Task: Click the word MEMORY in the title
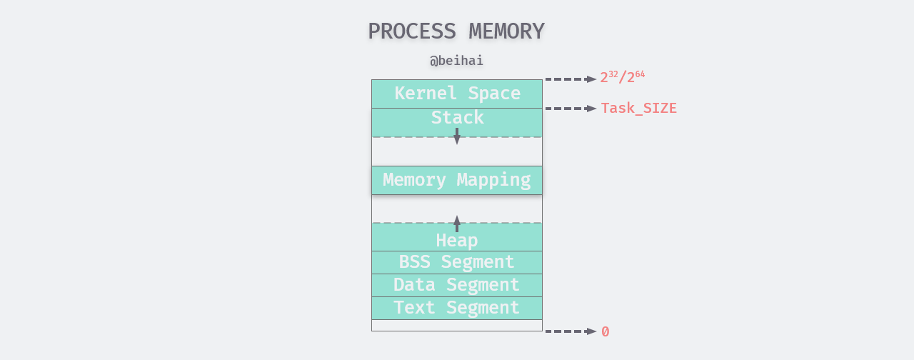pos(506,31)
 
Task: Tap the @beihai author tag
pos(456,61)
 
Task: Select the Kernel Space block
pos(457,94)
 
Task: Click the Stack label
pos(457,118)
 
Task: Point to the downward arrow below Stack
pos(457,136)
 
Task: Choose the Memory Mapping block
pos(457,180)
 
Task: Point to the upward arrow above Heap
pos(457,224)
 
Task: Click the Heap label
pos(457,240)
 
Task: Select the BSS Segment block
pos(457,262)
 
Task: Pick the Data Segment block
pos(457,285)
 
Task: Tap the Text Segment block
pos(457,308)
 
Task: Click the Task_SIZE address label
pos(638,109)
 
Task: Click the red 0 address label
pos(605,331)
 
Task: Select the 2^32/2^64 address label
pos(622,77)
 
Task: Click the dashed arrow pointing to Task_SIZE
pos(571,109)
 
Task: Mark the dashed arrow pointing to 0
pos(571,331)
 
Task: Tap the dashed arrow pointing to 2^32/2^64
pos(571,79)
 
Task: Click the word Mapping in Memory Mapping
pos(493,180)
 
